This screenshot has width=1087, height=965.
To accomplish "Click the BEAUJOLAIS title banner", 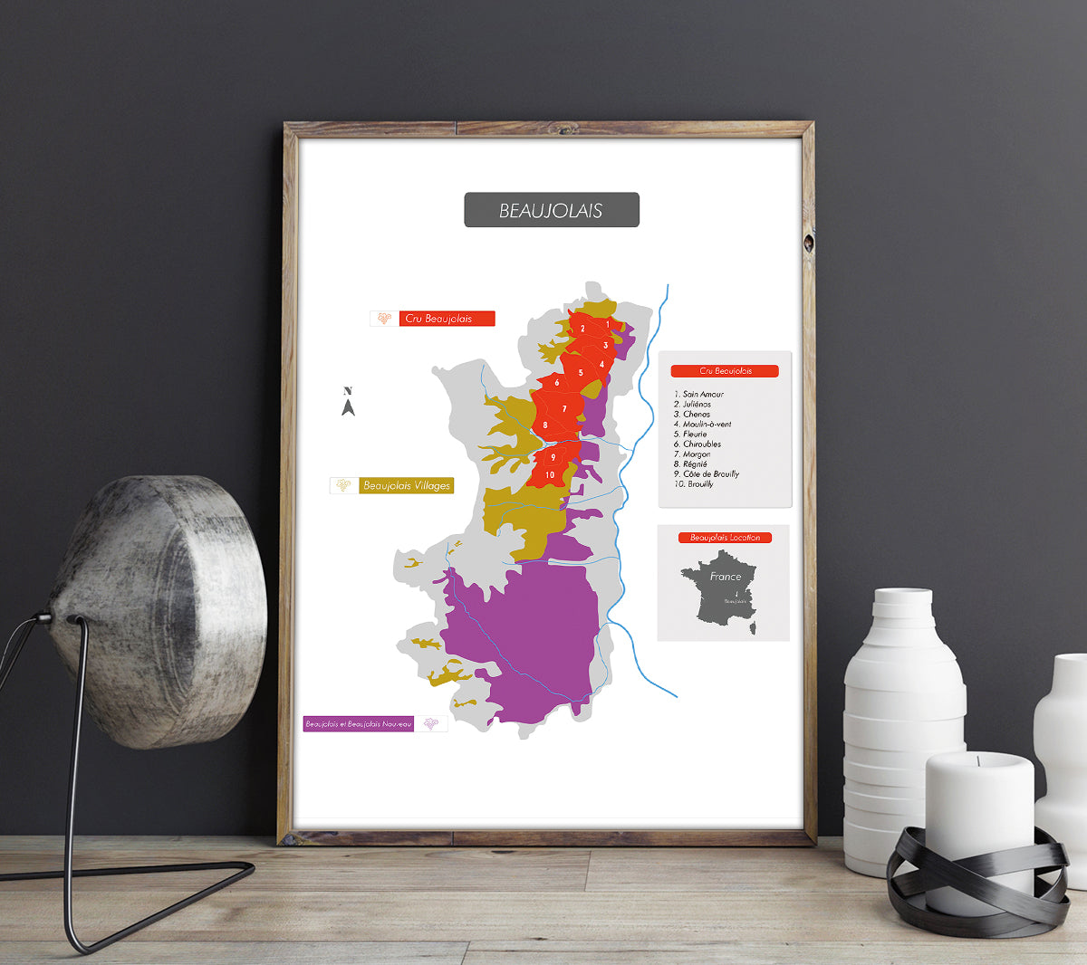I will click(552, 210).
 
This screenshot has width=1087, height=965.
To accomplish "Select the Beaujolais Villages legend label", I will click(407, 486).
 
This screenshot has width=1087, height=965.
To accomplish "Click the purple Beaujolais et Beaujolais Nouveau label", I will click(359, 724).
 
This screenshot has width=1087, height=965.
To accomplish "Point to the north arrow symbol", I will click(348, 403).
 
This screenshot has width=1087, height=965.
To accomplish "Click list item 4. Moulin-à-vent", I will click(702, 425).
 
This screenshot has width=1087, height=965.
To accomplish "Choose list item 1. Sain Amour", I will click(698, 395).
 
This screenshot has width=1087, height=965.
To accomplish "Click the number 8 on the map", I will click(545, 425).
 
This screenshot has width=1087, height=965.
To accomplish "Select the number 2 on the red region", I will click(582, 329).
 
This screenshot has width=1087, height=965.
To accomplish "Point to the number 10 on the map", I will click(550, 475).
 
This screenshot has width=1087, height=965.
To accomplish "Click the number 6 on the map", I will click(557, 383).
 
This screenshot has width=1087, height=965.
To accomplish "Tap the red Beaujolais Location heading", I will click(725, 538).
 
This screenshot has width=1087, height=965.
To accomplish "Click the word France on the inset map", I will click(726, 577).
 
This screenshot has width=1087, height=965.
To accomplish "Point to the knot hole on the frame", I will click(808, 243).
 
